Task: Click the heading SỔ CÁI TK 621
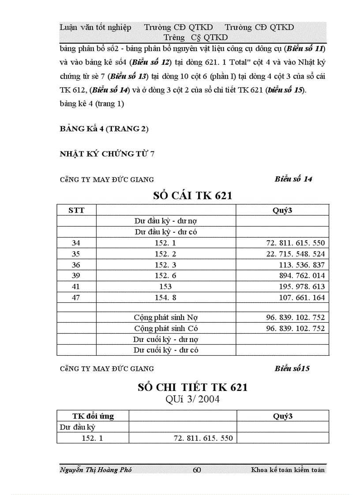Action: coord(192,196)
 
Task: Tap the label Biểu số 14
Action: coord(293,179)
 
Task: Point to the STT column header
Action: coord(76,210)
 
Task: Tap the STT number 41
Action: coord(76,287)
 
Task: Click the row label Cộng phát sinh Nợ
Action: coord(166,317)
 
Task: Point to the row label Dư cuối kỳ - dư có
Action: coord(166,350)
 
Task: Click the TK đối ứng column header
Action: coord(93,416)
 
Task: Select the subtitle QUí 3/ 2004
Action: coord(192,400)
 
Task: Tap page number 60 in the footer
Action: coord(197,470)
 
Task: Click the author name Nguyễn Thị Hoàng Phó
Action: coord(95,470)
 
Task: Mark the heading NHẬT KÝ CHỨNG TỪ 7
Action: coord(107,154)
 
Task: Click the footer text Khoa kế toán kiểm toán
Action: coord(288,470)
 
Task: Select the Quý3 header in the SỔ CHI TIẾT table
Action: coord(283,416)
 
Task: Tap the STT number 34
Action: coord(76,243)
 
